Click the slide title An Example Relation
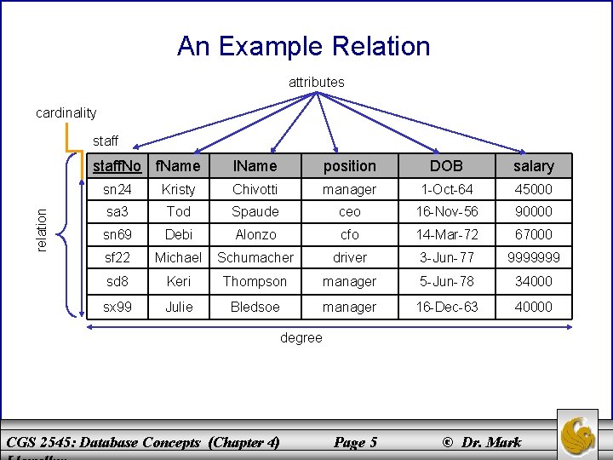(x=304, y=46)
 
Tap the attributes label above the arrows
(x=317, y=83)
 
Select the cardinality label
(x=66, y=112)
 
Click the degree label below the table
(x=301, y=338)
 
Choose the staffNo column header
(x=117, y=165)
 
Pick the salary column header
(x=534, y=165)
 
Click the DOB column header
(x=446, y=165)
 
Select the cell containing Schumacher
(x=255, y=257)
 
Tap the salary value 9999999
(x=534, y=257)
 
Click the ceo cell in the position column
(x=350, y=211)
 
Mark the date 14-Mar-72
(x=446, y=234)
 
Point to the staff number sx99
(x=117, y=307)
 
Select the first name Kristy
(x=178, y=189)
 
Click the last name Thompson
(x=255, y=281)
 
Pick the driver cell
(x=350, y=257)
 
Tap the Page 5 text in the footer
(x=355, y=442)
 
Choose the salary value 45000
(x=534, y=189)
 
